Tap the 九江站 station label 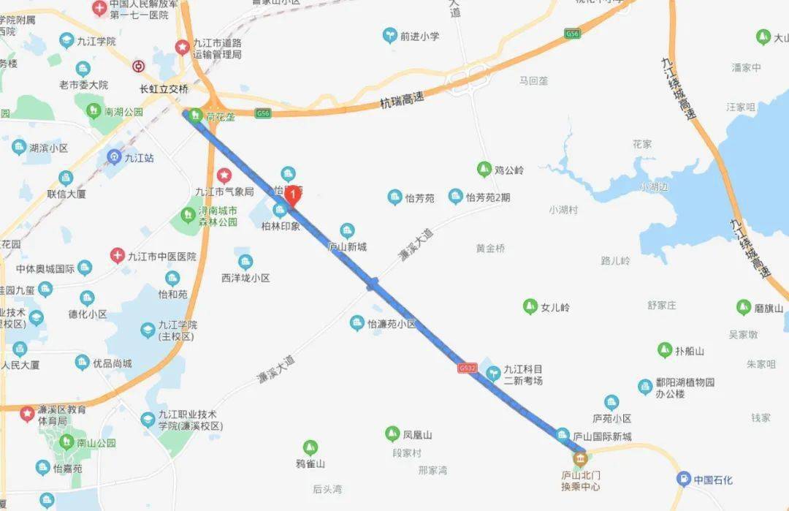pos(139,156)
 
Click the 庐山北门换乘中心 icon pos(580,459)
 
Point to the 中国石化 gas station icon pos(683,480)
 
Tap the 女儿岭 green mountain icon pos(530,307)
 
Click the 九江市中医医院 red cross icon pos(118,256)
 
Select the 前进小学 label pos(419,35)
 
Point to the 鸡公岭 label pos(509,170)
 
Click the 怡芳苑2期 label pos(488,197)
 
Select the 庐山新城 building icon pos(348,230)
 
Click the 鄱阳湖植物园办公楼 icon pos(644,386)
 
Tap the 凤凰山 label pos(417,434)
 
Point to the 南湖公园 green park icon pos(94,111)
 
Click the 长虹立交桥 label pos(164,88)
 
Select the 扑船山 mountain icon pos(664,350)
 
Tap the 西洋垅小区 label pos(246,278)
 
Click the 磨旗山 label pos(769,308)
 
